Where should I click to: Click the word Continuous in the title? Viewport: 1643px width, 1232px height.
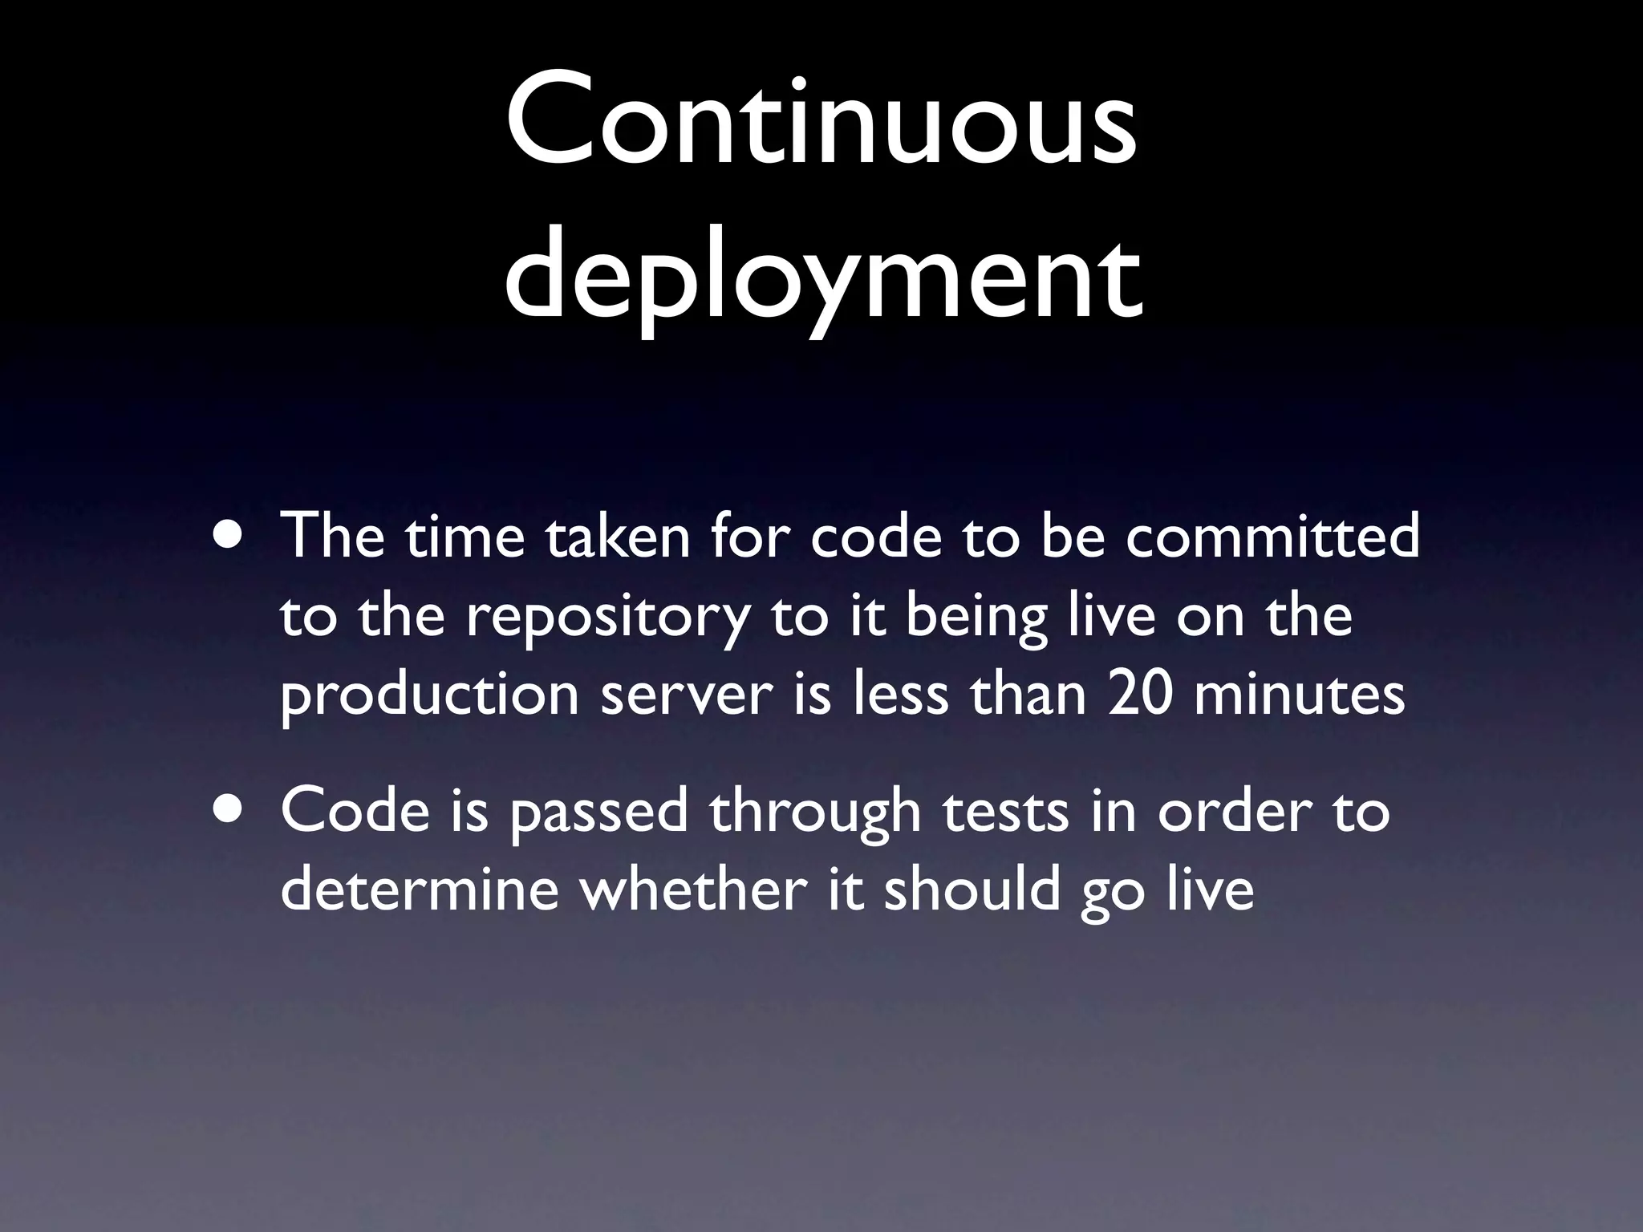(821, 120)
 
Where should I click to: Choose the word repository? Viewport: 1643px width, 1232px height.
(606, 618)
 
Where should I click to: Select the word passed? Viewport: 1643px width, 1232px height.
(598, 812)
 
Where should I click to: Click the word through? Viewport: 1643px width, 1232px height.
(814, 812)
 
